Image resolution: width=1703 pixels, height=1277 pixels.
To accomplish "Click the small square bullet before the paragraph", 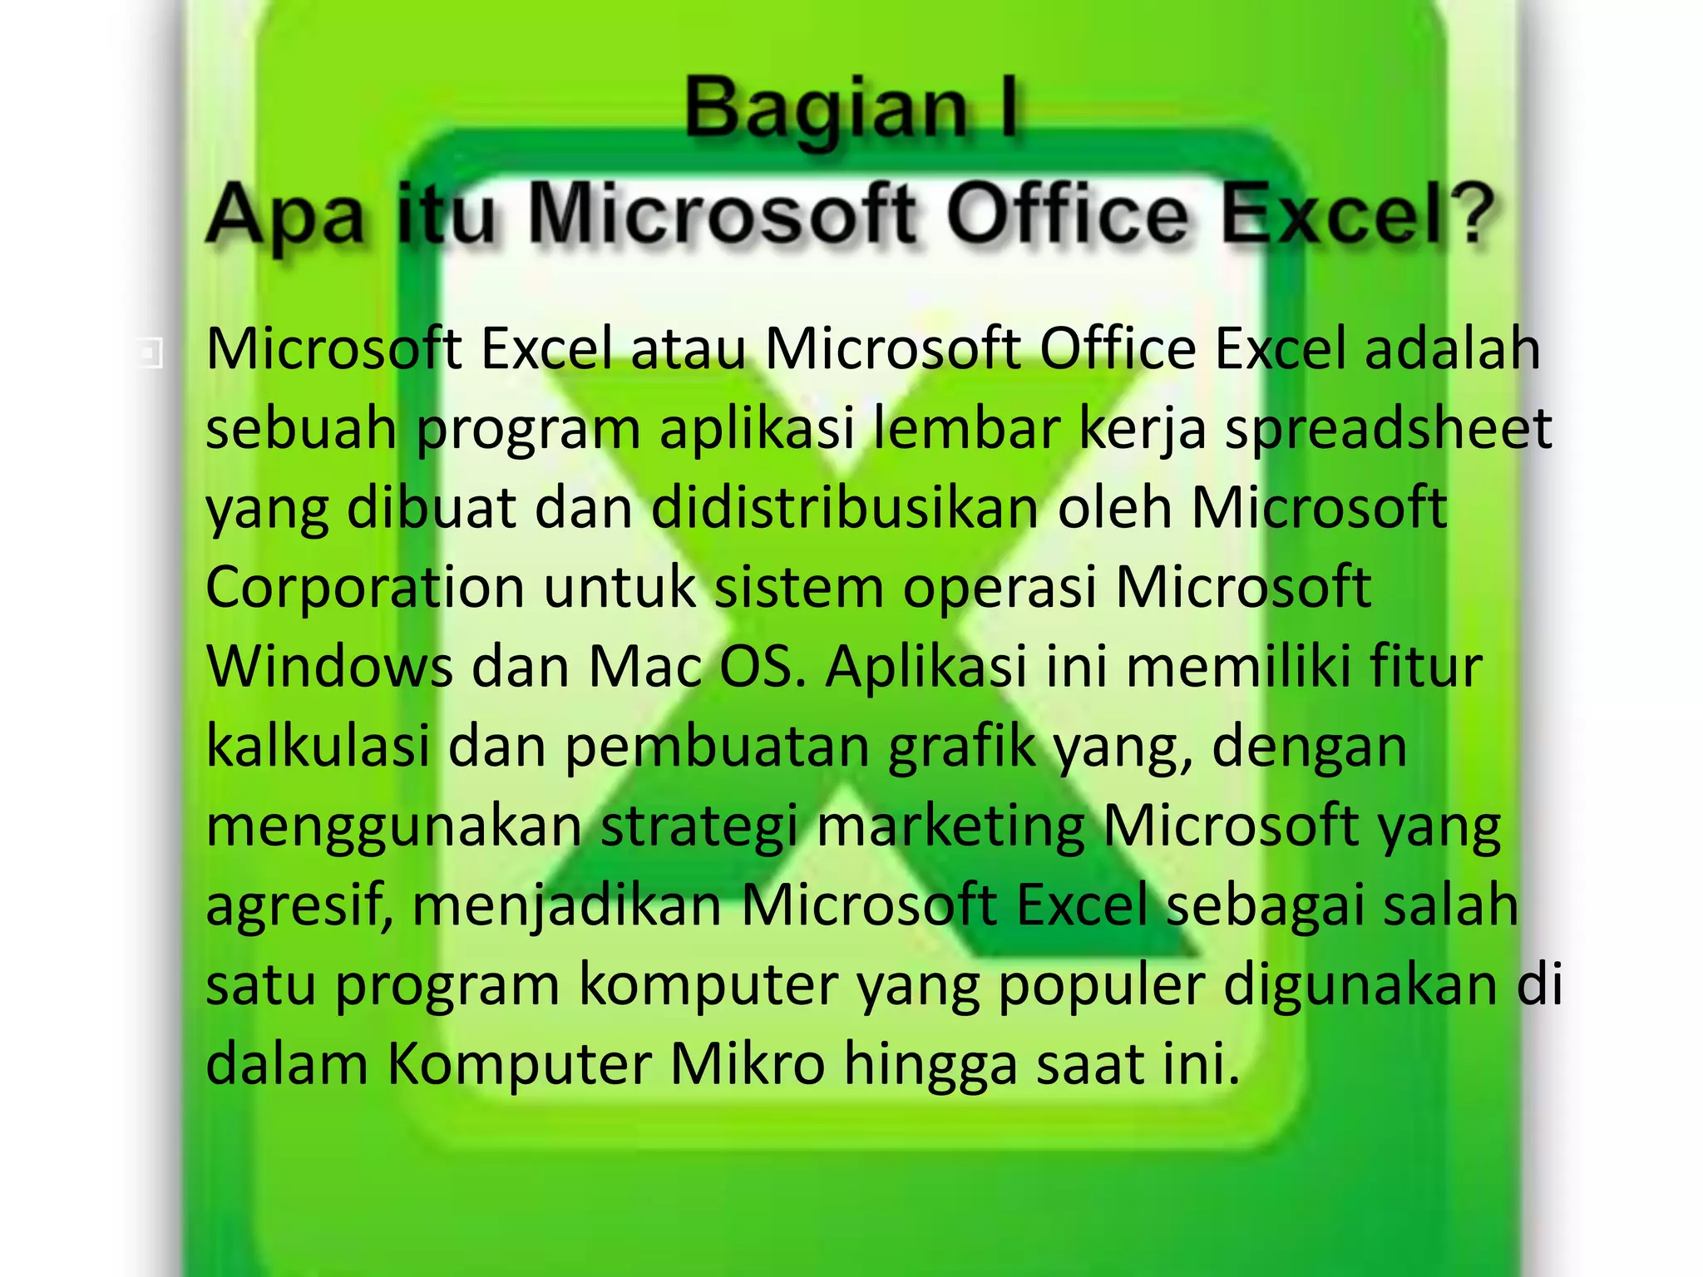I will coord(150,353).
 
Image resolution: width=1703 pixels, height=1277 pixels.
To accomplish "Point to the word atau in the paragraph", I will coord(688,349).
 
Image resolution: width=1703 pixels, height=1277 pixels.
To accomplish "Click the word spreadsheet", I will coord(1388,430).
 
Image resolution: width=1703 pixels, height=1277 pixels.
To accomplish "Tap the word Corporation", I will coord(364,588).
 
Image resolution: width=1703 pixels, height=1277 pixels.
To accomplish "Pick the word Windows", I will coord(328,667).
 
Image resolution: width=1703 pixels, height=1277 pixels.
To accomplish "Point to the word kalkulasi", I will coord(318,746).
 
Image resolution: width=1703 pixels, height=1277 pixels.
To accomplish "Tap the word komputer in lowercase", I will coord(708,985).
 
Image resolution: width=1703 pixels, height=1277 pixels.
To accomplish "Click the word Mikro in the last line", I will coord(748,1064).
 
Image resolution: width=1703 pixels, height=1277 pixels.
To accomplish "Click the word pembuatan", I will coord(717,746).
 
